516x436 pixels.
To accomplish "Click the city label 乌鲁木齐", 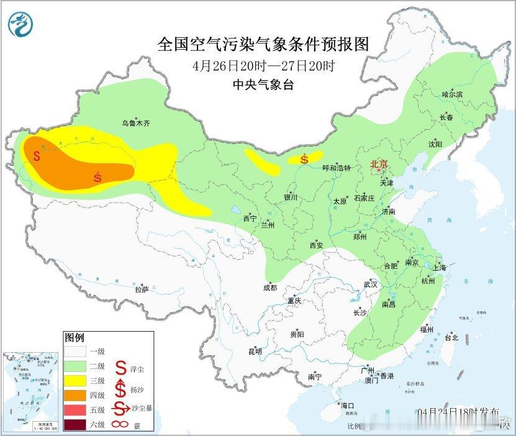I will click(x=135, y=124).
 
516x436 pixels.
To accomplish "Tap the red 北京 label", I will click(x=379, y=164).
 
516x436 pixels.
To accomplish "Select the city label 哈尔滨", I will click(x=452, y=94).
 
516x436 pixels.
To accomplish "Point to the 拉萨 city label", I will click(x=142, y=289).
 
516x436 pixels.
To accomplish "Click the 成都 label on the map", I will click(x=270, y=288).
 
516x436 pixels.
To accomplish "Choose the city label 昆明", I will click(x=255, y=352).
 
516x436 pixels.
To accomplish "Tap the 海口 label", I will click(x=347, y=406).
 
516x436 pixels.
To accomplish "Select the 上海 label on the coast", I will click(x=440, y=268).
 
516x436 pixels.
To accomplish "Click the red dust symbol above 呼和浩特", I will click(x=304, y=159).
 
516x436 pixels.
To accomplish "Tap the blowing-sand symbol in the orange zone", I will click(x=97, y=177).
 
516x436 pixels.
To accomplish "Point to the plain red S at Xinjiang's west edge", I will click(x=37, y=155).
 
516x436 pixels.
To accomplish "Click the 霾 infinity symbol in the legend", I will click(x=122, y=425).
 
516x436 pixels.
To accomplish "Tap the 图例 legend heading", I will click(x=74, y=337).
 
